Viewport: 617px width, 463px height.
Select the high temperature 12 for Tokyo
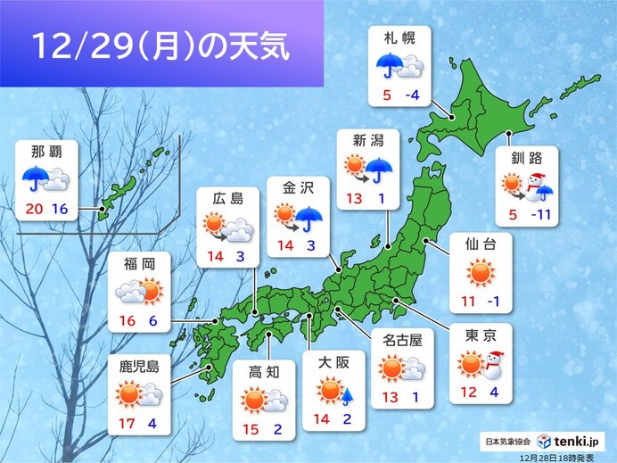pos(466,389)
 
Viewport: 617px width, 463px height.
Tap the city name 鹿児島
pos(139,365)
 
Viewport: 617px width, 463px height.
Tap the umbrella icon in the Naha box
pos(34,178)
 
